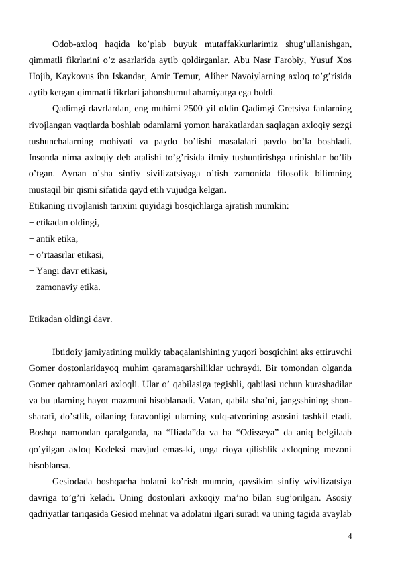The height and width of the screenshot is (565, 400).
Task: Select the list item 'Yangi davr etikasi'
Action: [68, 270]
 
